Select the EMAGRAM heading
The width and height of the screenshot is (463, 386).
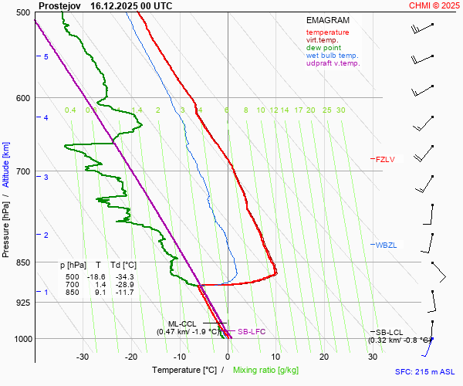coord(327,20)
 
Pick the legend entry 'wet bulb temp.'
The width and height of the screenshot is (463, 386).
coord(332,56)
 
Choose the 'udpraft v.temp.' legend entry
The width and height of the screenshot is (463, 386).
coord(333,63)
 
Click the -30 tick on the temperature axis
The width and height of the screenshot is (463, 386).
coord(83,357)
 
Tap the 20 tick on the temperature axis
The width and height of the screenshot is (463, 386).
coord(324,357)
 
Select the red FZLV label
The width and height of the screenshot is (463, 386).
coord(384,159)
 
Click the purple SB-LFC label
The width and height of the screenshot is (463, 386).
coord(252,331)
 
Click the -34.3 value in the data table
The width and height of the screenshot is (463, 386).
coord(123,276)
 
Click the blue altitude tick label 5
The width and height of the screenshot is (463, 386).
coord(46,57)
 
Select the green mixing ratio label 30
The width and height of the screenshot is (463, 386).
coord(340,110)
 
